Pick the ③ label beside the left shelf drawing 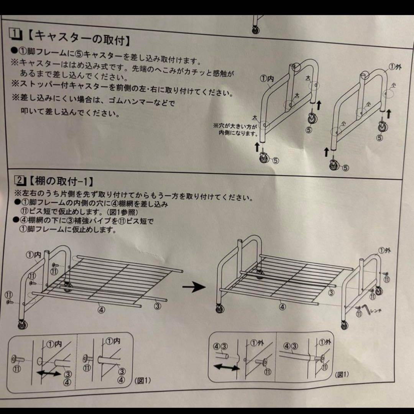coord(157,306)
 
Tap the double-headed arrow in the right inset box coord(226,367)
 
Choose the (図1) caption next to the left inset coord(143,381)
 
